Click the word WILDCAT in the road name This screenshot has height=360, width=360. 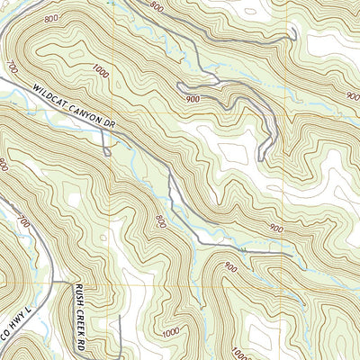(x=53, y=91)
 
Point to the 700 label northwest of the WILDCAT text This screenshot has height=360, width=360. (x=13, y=67)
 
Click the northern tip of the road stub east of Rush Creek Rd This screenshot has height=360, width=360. (x=109, y=318)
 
